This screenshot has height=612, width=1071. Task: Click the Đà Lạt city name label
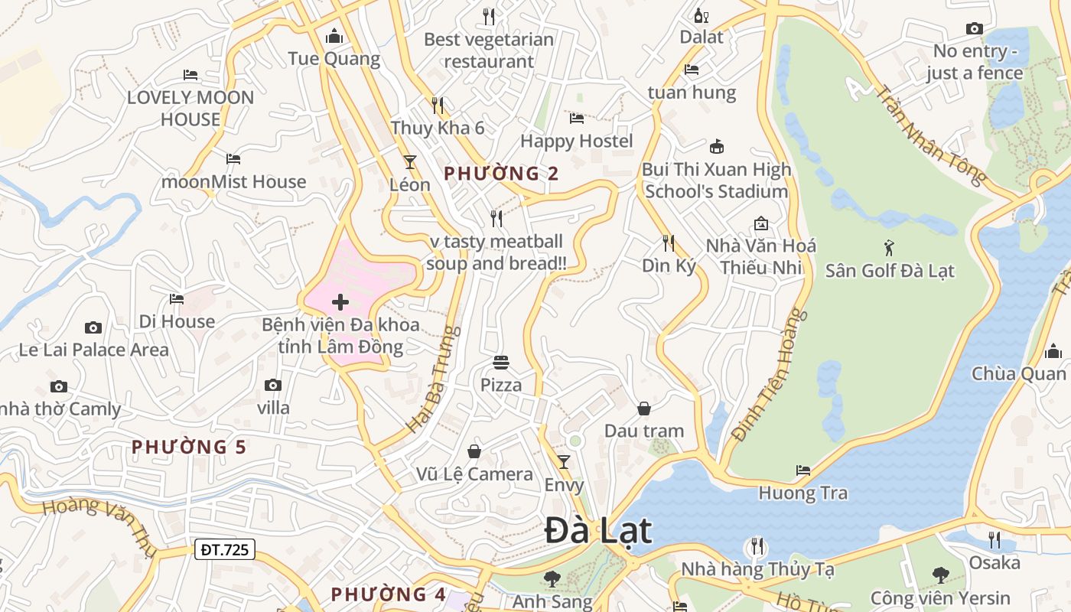[598, 531]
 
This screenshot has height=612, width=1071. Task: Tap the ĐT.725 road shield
[224, 549]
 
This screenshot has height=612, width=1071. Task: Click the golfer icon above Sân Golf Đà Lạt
[889, 247]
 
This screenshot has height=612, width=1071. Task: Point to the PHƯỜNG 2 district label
[501, 174]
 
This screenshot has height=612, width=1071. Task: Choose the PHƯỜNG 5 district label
[189, 447]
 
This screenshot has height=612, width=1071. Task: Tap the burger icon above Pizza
[501, 362]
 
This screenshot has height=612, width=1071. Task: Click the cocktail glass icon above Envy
[564, 461]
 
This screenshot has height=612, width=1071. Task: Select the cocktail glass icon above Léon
[410, 161]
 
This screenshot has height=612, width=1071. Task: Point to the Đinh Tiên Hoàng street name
[770, 375]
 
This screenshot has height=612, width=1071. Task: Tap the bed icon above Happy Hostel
[577, 118]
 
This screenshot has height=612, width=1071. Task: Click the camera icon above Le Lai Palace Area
[93, 327]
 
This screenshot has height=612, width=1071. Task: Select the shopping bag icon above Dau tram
[644, 409]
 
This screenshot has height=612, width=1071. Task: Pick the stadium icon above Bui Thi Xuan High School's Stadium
[717, 146]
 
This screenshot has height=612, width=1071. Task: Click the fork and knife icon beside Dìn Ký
[669, 243]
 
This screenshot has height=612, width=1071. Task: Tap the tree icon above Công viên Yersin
[940, 575]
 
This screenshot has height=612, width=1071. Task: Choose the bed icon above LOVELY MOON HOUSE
[190, 74]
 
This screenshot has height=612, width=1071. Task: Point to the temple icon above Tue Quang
[334, 36]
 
